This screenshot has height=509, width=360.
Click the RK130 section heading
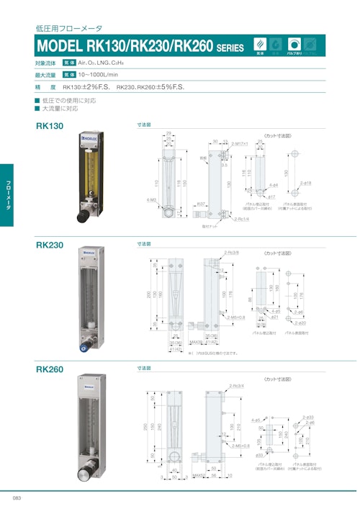pyautogui.click(x=50, y=126)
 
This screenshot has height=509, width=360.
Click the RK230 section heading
pyautogui.click(x=50, y=245)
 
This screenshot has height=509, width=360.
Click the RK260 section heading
pyautogui.click(x=50, y=369)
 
